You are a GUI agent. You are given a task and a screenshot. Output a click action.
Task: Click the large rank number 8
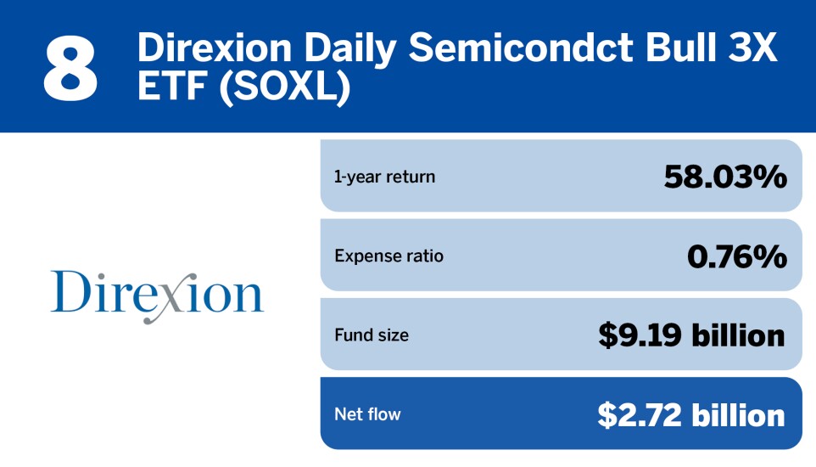pyautogui.click(x=70, y=70)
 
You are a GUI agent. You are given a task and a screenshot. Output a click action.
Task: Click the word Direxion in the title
pyautogui.click(x=215, y=48)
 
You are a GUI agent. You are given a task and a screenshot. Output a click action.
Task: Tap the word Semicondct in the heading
pyautogui.click(x=521, y=48)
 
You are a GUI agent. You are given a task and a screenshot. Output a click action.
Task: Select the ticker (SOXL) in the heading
pyautogui.click(x=285, y=87)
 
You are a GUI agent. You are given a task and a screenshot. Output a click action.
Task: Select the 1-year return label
pyautogui.click(x=384, y=177)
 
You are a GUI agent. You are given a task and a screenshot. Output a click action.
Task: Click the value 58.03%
pyautogui.click(x=725, y=177)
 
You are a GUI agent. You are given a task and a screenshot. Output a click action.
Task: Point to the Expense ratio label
pyautogui.click(x=389, y=256)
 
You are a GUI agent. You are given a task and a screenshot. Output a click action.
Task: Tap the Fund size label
pyautogui.click(x=372, y=335)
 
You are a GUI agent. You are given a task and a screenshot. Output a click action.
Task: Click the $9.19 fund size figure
pyautogui.click(x=640, y=335)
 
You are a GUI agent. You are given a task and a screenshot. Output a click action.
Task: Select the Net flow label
pyautogui.click(x=367, y=414)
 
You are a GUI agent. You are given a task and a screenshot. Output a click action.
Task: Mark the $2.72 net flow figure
pyautogui.click(x=640, y=415)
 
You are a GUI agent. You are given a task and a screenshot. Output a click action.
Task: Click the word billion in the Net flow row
pyautogui.click(x=738, y=415)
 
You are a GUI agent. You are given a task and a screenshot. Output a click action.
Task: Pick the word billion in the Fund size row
pyautogui.click(x=738, y=335)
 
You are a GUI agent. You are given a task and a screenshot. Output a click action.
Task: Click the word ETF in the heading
pyautogui.click(x=171, y=87)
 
